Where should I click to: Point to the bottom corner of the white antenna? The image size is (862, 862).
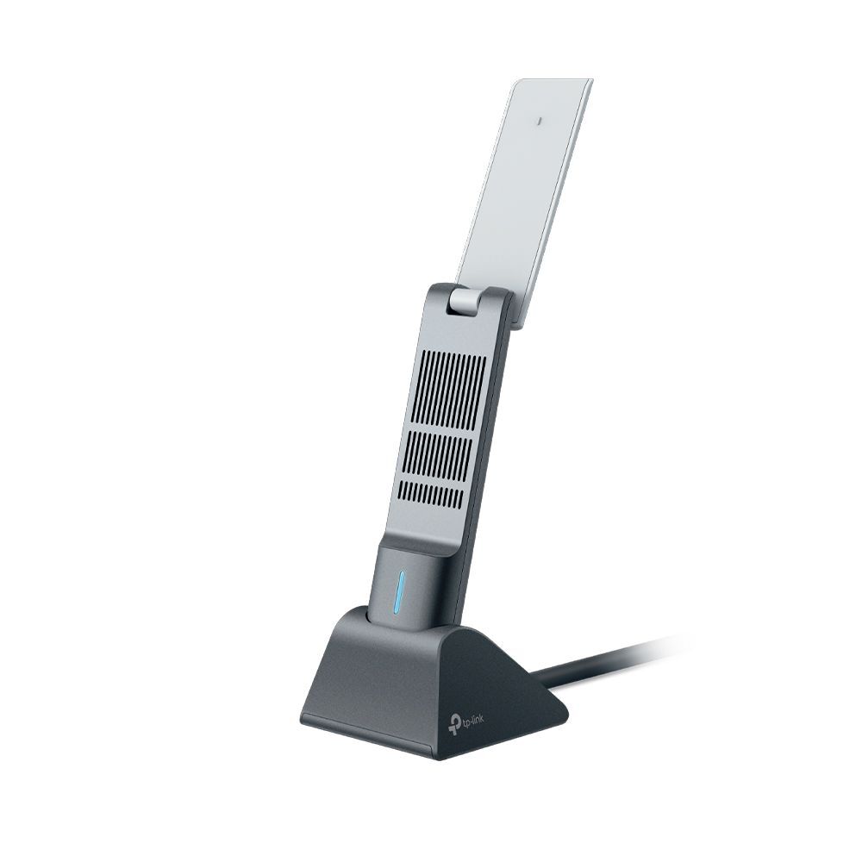515,326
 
